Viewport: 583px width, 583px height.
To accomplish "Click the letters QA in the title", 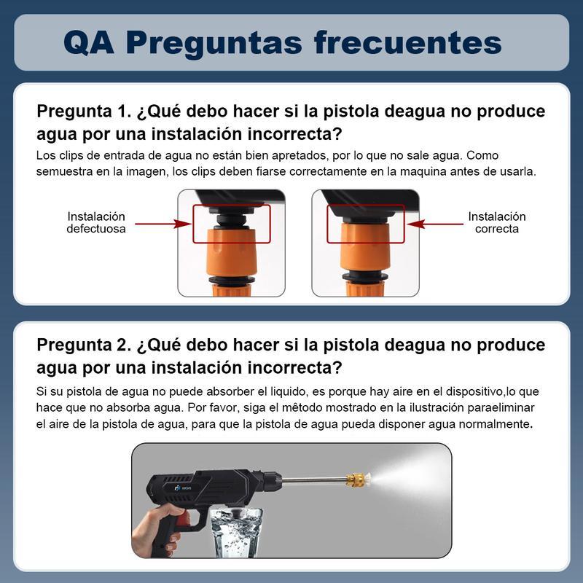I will coord(88,42).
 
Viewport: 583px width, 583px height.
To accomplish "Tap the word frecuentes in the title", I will coord(408,42).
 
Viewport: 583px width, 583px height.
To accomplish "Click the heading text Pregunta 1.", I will coord(82,112).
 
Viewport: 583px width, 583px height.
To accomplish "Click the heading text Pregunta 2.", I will coord(82,344).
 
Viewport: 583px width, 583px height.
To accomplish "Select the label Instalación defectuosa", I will coord(96,223).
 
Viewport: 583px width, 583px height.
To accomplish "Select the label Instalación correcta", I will coord(496,223).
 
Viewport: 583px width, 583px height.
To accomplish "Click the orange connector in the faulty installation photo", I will coord(231,251).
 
